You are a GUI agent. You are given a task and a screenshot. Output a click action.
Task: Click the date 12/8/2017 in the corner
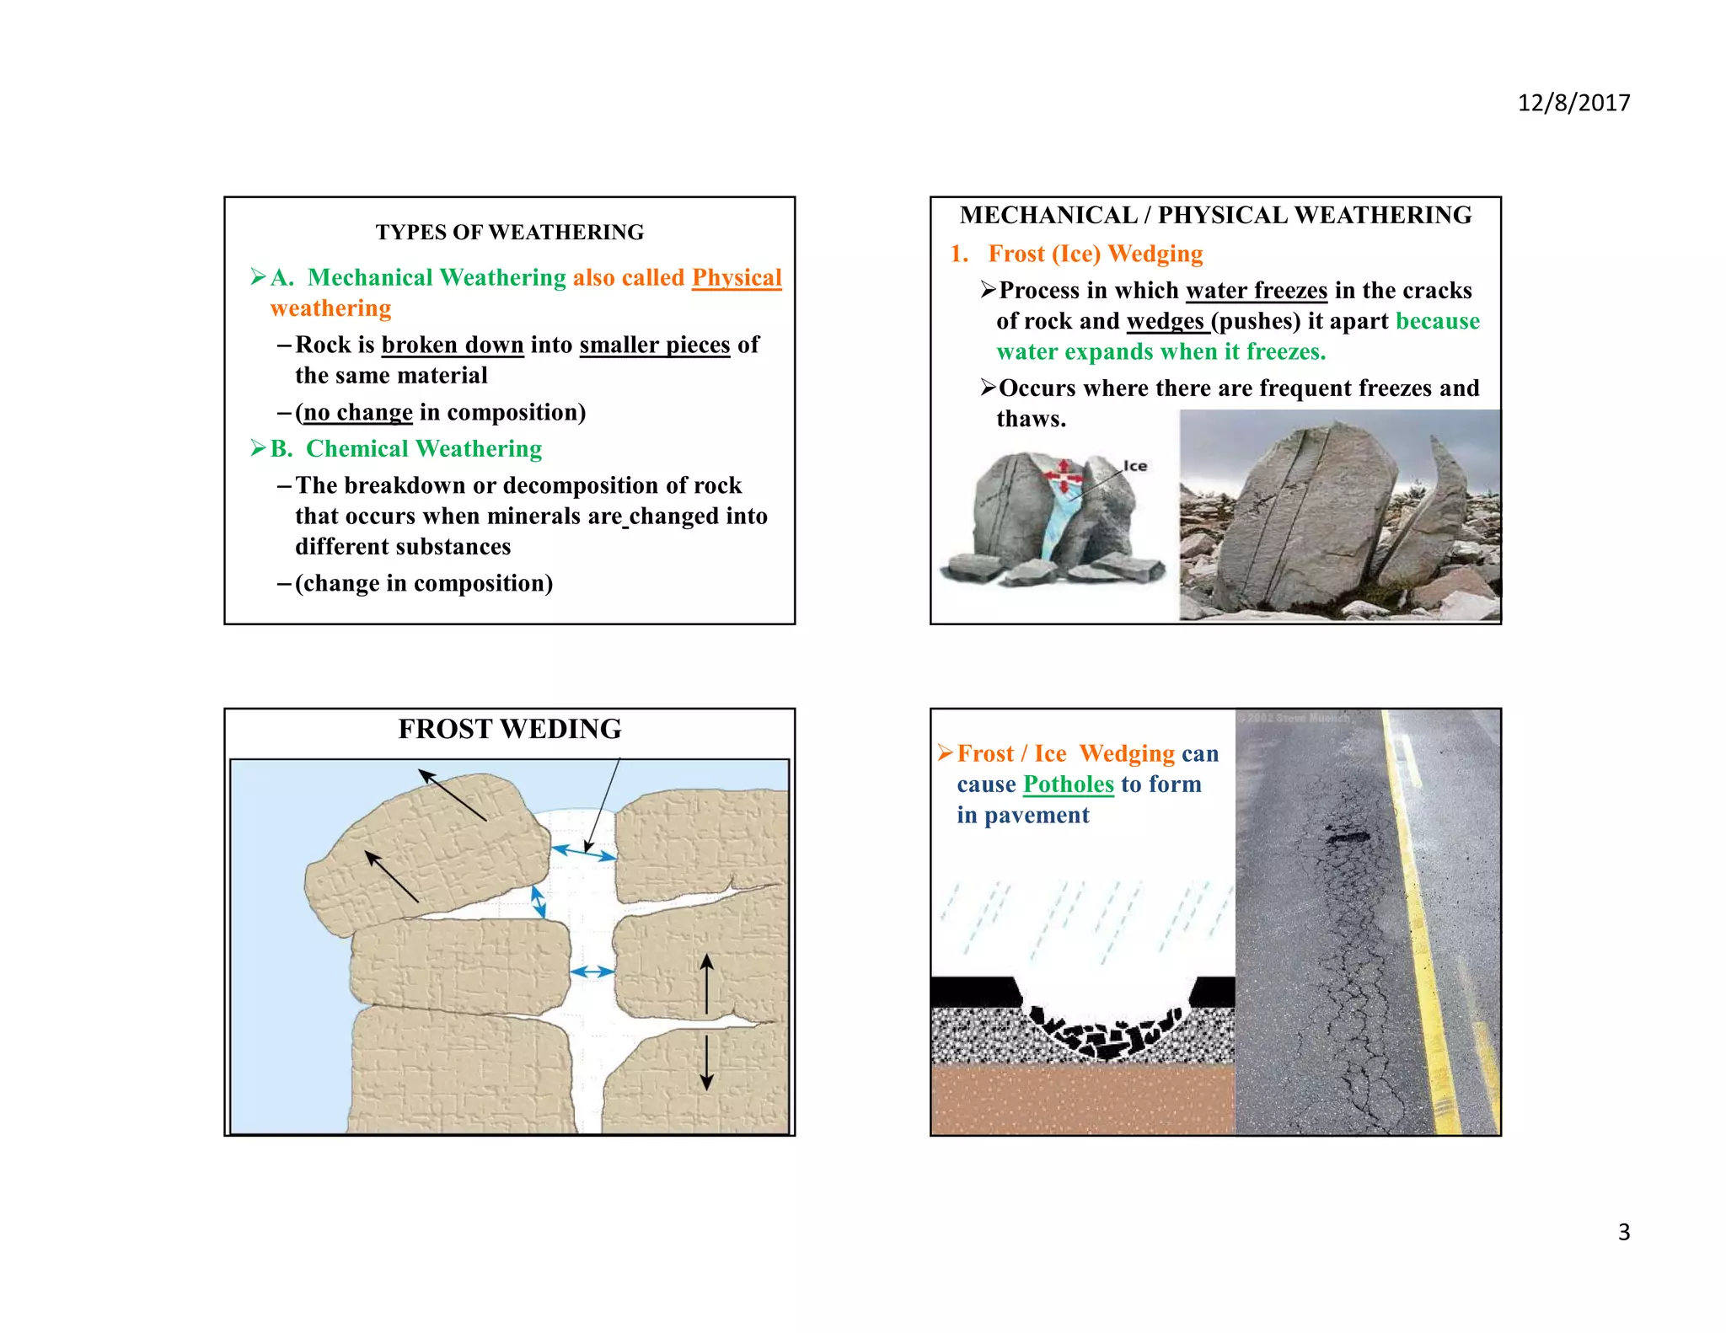click(1573, 103)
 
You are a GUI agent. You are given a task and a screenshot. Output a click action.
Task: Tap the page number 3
click(1623, 1232)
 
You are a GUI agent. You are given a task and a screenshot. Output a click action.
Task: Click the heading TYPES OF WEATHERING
click(509, 233)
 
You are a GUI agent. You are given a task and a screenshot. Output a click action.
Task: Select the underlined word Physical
click(737, 278)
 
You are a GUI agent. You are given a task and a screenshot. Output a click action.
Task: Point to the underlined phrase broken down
click(453, 345)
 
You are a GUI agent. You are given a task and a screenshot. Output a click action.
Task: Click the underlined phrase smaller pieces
click(655, 345)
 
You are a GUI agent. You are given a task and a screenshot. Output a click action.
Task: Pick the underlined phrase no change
click(358, 413)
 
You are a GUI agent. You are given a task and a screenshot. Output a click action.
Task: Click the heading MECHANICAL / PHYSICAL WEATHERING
click(1215, 216)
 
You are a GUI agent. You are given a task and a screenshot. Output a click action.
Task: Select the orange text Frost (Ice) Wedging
click(1095, 254)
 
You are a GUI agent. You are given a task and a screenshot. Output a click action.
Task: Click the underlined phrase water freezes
click(1256, 291)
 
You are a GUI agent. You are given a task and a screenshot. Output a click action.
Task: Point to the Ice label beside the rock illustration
click(1135, 466)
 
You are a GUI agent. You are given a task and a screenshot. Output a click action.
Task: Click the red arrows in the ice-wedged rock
click(1064, 477)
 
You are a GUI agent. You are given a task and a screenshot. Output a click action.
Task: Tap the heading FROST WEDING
click(509, 729)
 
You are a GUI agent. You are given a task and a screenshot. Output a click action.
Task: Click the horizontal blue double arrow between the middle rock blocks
click(592, 972)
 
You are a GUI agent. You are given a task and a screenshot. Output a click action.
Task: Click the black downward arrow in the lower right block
click(707, 1063)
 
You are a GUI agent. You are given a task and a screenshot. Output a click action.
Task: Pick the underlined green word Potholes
click(1068, 784)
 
